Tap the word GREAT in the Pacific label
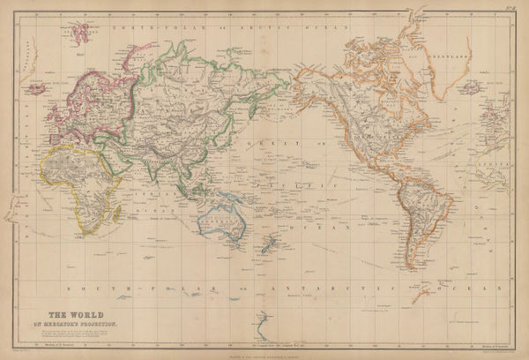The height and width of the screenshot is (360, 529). (263, 141)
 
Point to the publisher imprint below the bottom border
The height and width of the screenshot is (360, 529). (264, 353)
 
